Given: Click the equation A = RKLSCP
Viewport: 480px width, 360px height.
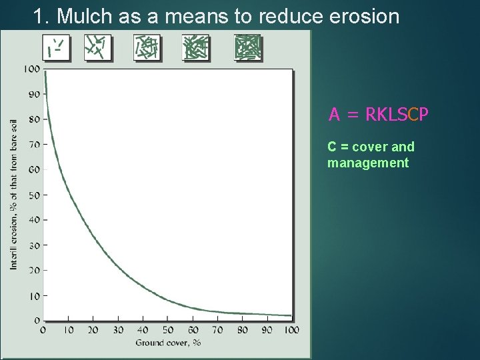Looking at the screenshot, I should [x=378, y=115].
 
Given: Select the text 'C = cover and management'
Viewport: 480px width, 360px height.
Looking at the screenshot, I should [x=371, y=155].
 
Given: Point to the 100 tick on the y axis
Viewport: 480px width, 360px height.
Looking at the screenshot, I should [x=31, y=69].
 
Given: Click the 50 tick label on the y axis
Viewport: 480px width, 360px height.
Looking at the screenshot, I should [x=33, y=195].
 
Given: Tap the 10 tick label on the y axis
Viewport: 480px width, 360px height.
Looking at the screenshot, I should [x=33, y=295].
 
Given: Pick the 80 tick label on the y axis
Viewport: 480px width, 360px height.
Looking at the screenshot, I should [x=33, y=119].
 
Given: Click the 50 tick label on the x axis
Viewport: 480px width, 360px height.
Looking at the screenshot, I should [x=168, y=330].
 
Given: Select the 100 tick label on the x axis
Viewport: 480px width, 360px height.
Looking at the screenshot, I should [x=291, y=330].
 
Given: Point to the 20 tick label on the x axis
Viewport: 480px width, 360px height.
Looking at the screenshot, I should [x=93, y=330].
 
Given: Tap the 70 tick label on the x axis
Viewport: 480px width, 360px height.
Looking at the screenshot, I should [x=217, y=330].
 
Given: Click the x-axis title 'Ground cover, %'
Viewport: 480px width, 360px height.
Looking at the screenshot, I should [x=168, y=343].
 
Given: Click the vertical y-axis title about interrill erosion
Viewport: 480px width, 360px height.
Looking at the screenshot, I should [x=13, y=194].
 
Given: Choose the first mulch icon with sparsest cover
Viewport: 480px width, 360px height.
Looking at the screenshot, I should [x=57, y=47].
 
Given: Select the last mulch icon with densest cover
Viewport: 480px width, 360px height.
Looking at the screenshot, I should [x=247, y=47].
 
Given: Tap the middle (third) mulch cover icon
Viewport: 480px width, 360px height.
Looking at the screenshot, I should [x=147, y=47].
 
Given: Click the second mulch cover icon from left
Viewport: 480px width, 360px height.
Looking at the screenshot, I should [x=98, y=47].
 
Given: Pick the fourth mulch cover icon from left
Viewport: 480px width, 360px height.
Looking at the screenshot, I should [x=195, y=47].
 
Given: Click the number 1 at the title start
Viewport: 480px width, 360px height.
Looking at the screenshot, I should [x=39, y=16].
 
